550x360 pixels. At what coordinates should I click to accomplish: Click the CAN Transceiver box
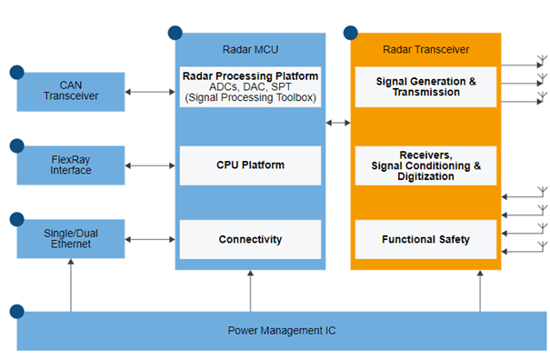[71, 91]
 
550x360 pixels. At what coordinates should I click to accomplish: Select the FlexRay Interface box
[71, 165]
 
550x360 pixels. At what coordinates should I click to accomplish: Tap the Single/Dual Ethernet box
[71, 239]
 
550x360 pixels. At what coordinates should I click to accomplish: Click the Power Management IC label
[281, 330]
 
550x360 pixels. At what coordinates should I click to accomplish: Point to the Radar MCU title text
[250, 50]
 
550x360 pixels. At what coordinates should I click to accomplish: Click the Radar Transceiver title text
[425, 50]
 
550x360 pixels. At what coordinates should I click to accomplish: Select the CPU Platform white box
[250, 165]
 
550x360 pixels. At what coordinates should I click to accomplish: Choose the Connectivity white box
[250, 239]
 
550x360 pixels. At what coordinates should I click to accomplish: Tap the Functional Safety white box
[425, 239]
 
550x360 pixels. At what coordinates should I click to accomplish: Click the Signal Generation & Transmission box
[425, 87]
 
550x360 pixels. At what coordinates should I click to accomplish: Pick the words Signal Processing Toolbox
[250, 97]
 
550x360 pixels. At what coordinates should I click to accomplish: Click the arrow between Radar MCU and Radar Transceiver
[338, 122]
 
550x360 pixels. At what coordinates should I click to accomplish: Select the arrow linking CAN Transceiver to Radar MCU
[149, 91]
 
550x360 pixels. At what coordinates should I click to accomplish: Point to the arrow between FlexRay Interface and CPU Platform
[149, 165]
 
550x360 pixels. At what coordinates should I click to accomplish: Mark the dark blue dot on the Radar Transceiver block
[351, 34]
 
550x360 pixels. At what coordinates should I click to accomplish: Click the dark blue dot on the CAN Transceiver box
[16, 71]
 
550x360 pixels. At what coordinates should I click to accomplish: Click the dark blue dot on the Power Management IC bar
[16, 311]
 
